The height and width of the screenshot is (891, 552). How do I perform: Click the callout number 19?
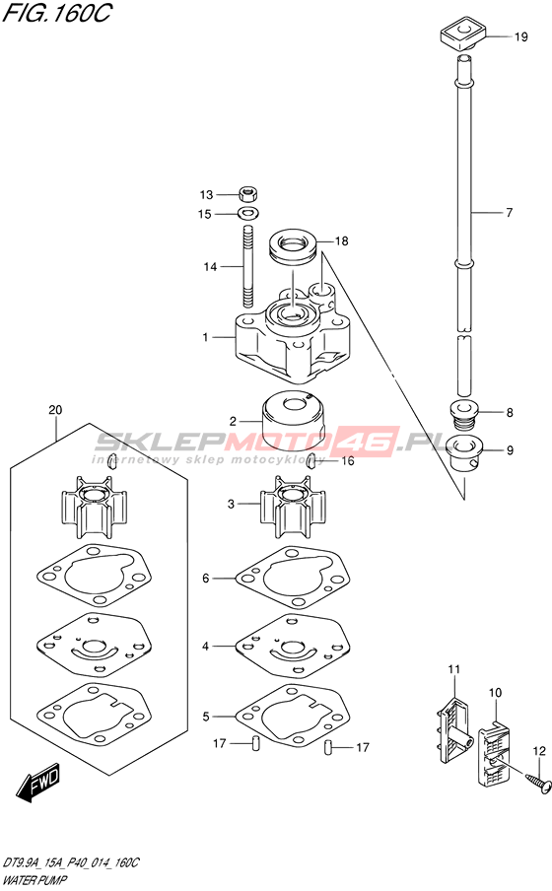point(520,36)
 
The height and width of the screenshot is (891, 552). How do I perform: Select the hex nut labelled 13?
point(247,193)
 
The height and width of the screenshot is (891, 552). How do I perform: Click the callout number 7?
point(510,213)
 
